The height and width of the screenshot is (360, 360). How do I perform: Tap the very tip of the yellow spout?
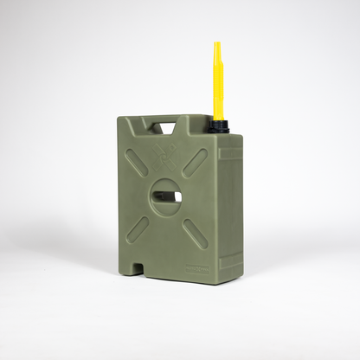pos(217,43)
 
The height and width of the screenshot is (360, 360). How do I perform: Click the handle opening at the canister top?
pos(166,128)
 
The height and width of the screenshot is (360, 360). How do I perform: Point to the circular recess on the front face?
pos(165,195)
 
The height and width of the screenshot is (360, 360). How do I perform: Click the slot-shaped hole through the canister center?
pos(167,196)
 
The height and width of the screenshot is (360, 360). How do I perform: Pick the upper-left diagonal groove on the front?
pos(136,162)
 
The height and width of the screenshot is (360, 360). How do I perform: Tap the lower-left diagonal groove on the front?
pos(136,228)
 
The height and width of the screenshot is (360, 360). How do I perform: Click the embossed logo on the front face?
pos(165,157)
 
